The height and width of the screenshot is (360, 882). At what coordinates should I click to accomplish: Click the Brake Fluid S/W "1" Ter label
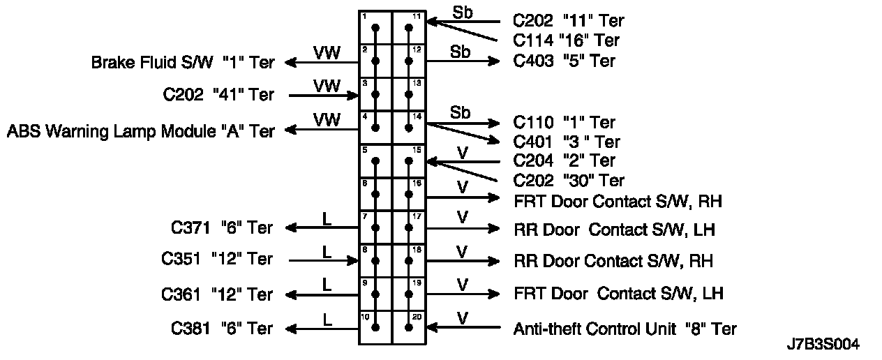click(x=183, y=63)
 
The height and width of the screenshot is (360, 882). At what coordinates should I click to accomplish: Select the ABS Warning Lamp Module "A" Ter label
click(x=140, y=130)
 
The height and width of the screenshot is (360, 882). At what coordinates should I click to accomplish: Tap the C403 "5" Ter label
click(x=564, y=61)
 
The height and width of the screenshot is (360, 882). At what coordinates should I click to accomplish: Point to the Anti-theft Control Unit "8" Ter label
click(x=625, y=328)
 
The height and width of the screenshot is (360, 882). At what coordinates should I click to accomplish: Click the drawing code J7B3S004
click(x=823, y=345)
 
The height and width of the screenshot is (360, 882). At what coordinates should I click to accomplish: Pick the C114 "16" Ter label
click(x=566, y=40)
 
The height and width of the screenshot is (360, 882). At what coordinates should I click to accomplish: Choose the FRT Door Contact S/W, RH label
click(x=617, y=201)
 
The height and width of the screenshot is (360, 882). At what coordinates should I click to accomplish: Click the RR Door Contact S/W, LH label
click(x=614, y=229)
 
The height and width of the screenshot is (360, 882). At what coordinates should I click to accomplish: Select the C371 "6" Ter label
click(x=222, y=227)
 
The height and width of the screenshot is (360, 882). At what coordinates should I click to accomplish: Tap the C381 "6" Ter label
click(x=222, y=328)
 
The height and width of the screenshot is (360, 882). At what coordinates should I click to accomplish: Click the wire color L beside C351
click(x=326, y=251)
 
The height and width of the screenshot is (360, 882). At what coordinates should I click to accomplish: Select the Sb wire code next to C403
click(x=460, y=52)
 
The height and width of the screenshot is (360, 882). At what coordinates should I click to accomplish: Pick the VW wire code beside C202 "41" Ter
click(x=326, y=86)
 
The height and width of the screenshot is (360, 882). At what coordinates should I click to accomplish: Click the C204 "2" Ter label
click(x=564, y=161)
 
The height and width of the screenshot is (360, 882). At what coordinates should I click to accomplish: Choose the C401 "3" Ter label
click(x=567, y=142)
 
